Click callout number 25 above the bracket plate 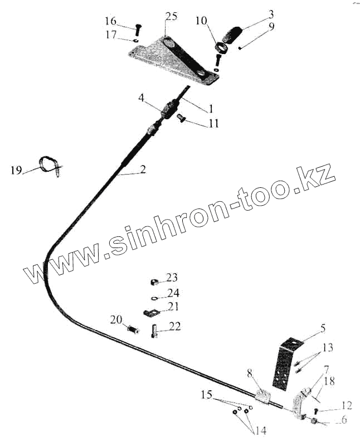click(x=171, y=16)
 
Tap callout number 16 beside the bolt click(x=111, y=22)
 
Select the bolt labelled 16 click(x=137, y=28)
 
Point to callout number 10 click(x=201, y=21)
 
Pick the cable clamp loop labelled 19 click(x=51, y=165)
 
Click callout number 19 click(x=16, y=170)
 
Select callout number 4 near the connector click(x=142, y=99)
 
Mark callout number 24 click(x=173, y=293)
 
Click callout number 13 click(x=327, y=348)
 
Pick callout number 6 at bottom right click(x=344, y=420)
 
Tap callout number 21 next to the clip click(x=173, y=306)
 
